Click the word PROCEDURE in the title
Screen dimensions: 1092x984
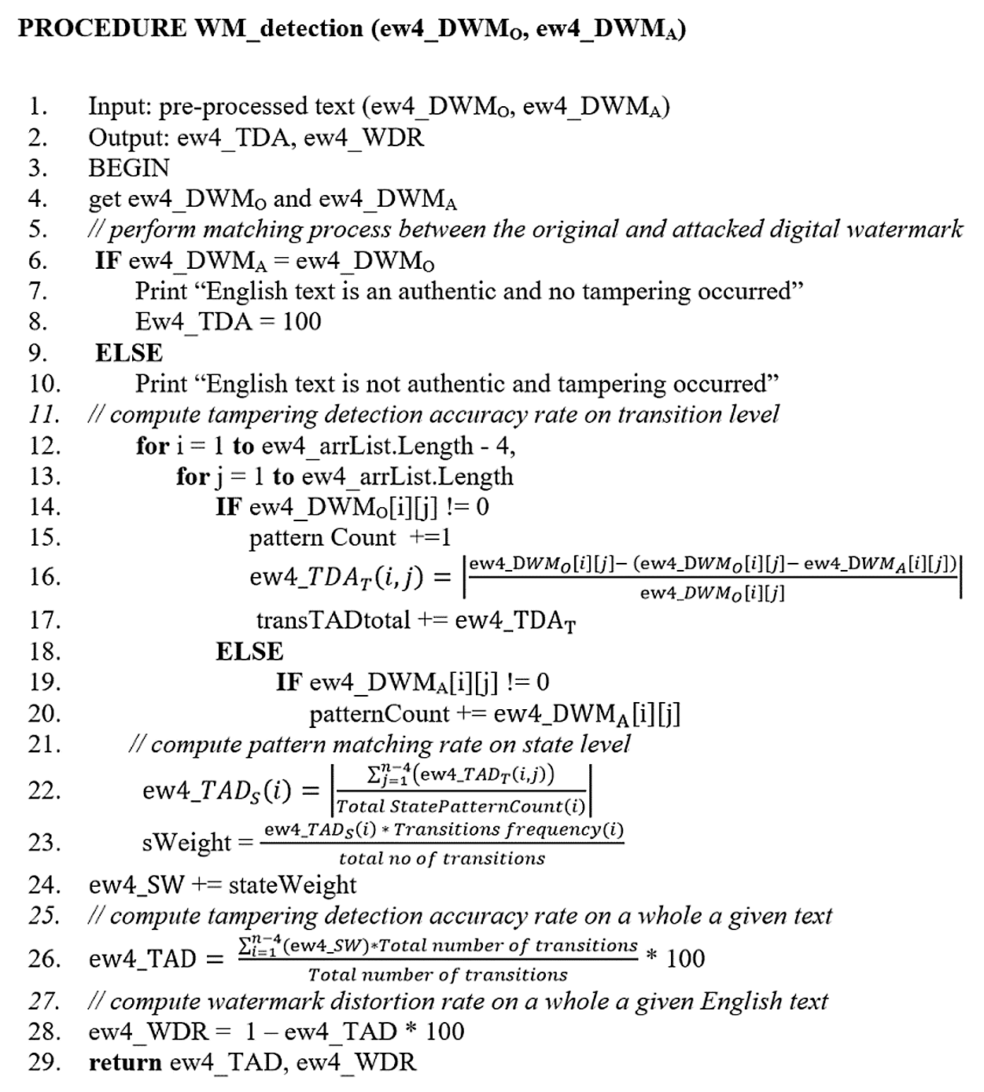101,28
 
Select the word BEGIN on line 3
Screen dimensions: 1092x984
129,168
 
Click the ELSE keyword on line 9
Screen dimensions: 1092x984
129,353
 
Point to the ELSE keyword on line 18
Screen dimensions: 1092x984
249,652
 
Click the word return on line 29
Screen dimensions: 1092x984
125,1063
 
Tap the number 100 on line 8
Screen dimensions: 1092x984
301,322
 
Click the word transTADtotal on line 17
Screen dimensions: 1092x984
334,620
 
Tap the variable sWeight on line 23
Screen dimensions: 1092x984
186,843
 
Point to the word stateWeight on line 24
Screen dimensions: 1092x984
293,885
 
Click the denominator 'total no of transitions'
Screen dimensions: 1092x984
441,859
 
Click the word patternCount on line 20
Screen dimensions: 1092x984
379,714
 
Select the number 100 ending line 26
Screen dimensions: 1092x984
685,959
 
